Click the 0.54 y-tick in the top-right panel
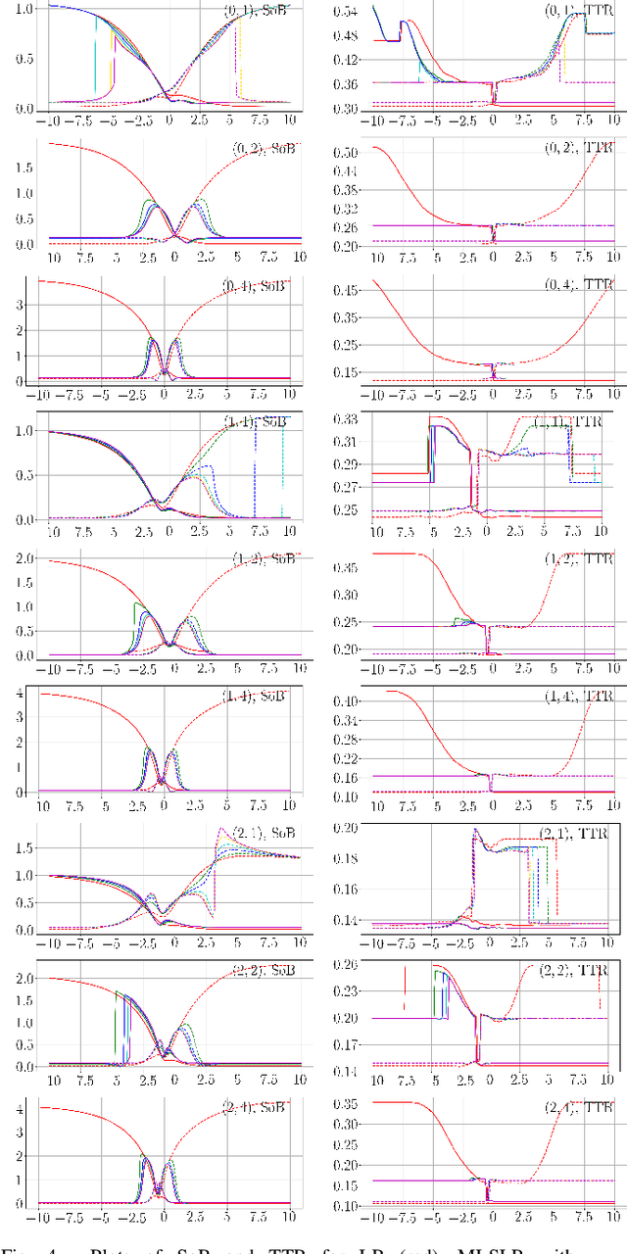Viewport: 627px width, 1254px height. tap(345, 13)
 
